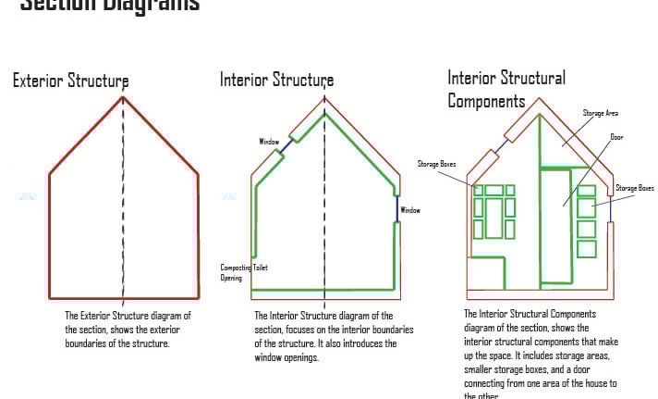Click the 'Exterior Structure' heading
[70, 81]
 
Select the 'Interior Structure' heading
[276, 80]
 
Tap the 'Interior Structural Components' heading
[506, 89]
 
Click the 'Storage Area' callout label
[600, 113]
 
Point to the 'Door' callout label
[616, 137]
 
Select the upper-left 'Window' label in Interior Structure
[269, 142]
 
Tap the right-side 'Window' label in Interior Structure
[409, 210]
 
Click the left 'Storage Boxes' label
[437, 165]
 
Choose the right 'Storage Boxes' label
[634, 188]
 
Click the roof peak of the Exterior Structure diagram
[123, 96]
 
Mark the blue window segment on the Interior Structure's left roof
[289, 141]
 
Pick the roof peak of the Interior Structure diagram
[324, 99]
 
